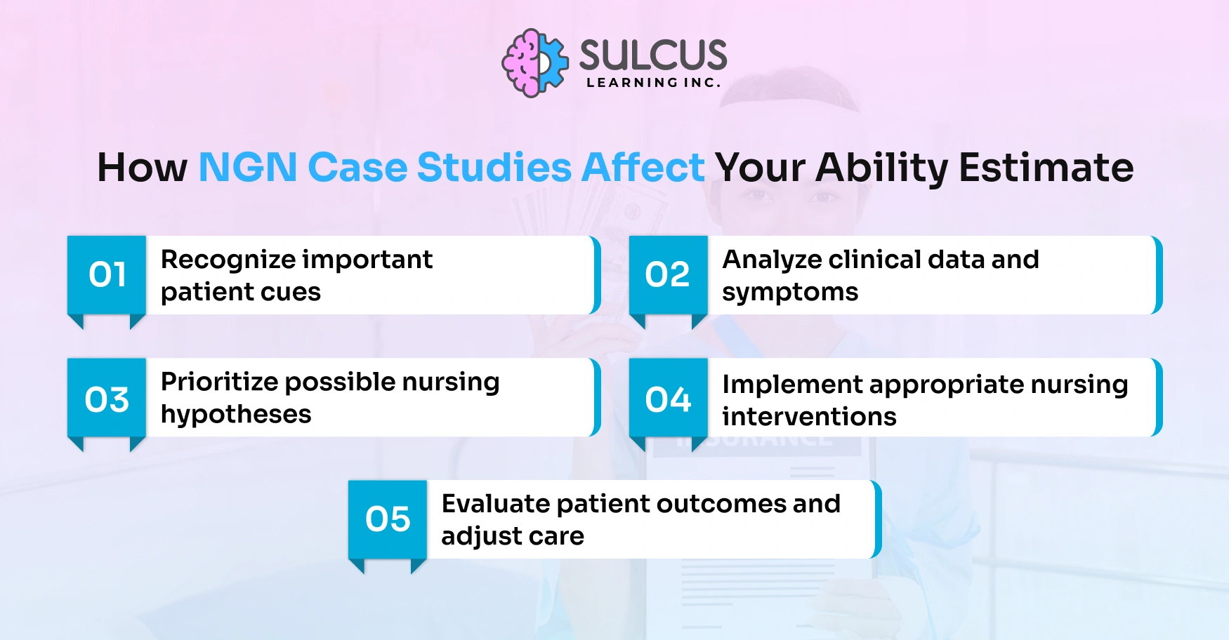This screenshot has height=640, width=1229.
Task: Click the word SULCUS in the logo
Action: [652, 55]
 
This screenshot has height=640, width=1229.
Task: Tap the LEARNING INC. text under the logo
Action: [653, 83]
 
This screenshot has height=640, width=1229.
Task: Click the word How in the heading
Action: [142, 168]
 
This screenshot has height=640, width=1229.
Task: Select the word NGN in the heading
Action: [248, 168]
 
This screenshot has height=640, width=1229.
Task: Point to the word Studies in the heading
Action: [494, 168]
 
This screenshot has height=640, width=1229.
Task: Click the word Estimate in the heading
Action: [1046, 168]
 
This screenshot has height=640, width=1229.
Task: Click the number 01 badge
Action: [107, 274]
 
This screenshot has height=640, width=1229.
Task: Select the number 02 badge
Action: [668, 274]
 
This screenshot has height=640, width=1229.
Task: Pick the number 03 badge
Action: [107, 399]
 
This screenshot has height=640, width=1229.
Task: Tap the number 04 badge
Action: [668, 399]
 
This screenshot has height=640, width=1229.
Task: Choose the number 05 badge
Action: [388, 519]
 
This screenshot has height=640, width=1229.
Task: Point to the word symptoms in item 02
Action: [790, 293]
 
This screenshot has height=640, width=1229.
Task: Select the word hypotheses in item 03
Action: [236, 415]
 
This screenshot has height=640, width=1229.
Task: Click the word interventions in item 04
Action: [809, 417]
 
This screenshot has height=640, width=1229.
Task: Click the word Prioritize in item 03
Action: [219, 382]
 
